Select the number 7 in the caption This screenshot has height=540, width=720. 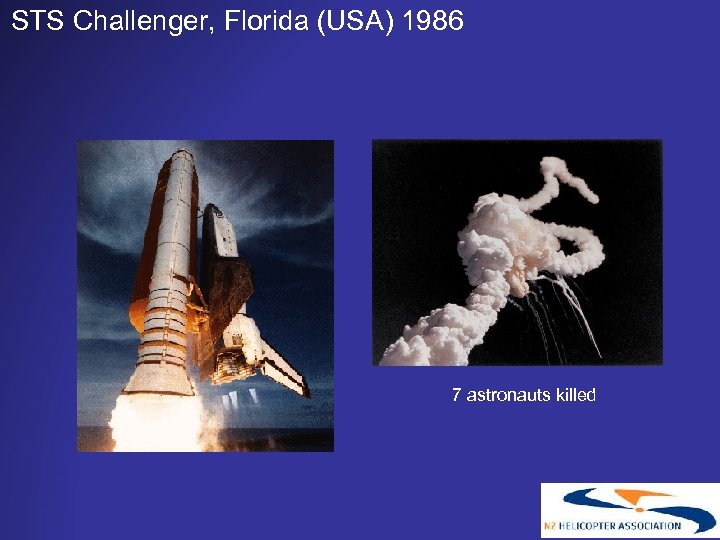pos(456,395)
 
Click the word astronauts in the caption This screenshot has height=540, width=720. pos(503,395)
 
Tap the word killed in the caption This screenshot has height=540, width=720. pos(572,395)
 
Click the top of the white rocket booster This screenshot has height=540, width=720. pos(183,157)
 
